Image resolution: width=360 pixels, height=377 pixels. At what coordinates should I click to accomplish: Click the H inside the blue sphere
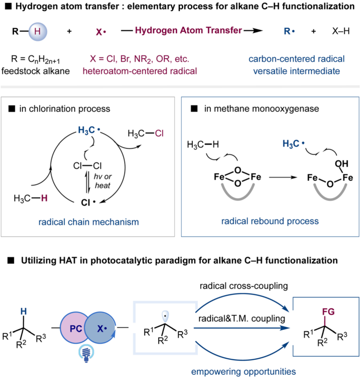pyautogui.click(x=38, y=32)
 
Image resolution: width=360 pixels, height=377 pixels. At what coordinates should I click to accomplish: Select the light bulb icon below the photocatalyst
pyautogui.click(x=86, y=353)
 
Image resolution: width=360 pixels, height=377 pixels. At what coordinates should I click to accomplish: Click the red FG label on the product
pyautogui.click(x=328, y=312)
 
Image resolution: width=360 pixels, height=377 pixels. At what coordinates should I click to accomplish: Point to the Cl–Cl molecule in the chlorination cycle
pyautogui.click(x=87, y=165)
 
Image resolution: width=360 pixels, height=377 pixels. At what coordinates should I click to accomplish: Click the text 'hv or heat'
pyautogui.click(x=102, y=181)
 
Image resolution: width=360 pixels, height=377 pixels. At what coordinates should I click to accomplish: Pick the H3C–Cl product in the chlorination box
pyautogui.click(x=145, y=133)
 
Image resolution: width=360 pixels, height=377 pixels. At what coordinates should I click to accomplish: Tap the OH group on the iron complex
pyautogui.click(x=341, y=164)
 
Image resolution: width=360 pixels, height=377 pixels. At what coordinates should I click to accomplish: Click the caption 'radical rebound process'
pyautogui.click(x=270, y=221)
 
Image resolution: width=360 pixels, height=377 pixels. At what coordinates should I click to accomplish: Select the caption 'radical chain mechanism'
pyautogui.click(x=88, y=222)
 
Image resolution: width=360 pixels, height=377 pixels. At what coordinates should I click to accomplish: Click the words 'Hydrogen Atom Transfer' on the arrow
pyautogui.click(x=188, y=30)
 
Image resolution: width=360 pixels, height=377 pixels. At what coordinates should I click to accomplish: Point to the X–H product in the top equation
pyautogui.click(x=341, y=31)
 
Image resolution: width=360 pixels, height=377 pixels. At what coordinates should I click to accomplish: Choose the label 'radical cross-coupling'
pyautogui.click(x=244, y=286)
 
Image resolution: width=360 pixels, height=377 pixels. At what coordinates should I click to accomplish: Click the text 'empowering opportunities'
pyautogui.click(x=243, y=372)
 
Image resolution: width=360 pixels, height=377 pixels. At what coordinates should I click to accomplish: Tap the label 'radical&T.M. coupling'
pyautogui.click(x=242, y=318)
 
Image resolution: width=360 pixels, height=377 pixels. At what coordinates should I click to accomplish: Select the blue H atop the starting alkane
pyautogui.click(x=24, y=311)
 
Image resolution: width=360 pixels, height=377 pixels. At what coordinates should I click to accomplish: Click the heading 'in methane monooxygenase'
pyautogui.click(x=261, y=109)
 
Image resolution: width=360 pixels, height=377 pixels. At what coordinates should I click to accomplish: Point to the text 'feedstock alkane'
pyautogui.click(x=36, y=71)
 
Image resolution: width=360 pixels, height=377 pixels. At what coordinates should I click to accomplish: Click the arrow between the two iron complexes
pyautogui.click(x=283, y=177)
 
